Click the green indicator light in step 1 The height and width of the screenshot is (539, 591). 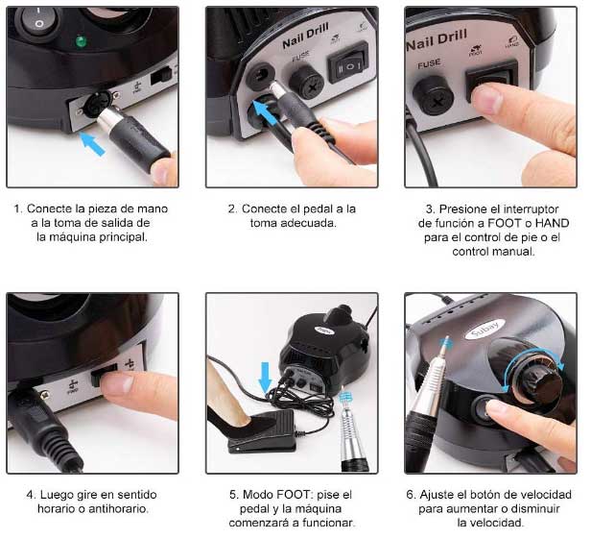81,41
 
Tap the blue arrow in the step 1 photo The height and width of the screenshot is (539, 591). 92,144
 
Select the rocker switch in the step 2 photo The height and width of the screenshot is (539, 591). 348,62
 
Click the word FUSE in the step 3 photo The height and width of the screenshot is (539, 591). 429,63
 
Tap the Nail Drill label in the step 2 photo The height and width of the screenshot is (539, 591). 305,36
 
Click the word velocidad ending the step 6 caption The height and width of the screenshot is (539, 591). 491,523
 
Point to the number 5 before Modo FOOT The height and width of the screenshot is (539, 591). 233,495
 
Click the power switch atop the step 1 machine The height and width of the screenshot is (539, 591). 38,19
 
